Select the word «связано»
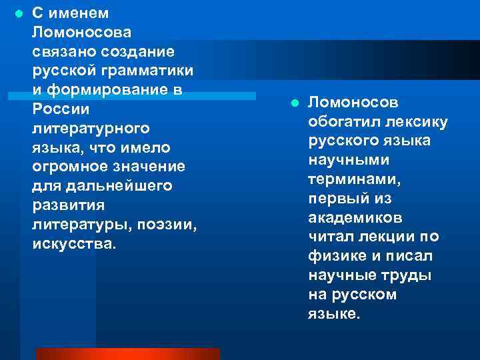coord(63,51)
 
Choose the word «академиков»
coord(355,218)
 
